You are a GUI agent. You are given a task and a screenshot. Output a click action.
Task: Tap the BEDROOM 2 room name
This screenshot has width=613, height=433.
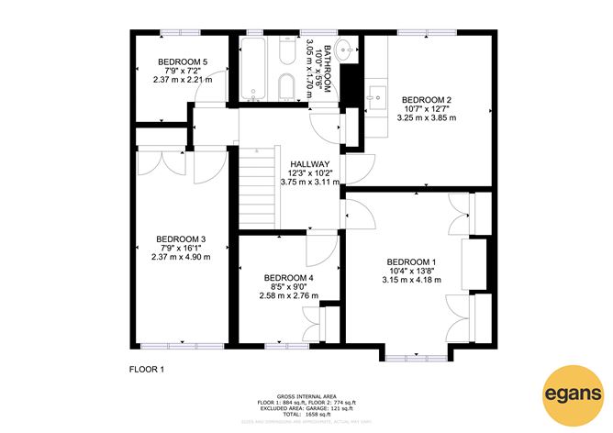(x=426, y=99)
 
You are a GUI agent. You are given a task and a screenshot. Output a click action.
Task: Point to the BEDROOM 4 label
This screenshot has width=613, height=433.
(x=288, y=278)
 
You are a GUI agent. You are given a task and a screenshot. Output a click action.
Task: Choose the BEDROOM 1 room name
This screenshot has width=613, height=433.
(x=411, y=261)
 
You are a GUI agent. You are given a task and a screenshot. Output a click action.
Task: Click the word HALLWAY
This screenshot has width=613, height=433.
(x=309, y=164)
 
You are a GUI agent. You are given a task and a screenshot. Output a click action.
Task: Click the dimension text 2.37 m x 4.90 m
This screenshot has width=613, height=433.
(x=181, y=257)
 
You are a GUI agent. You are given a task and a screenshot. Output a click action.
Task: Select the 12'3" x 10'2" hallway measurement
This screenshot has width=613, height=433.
(x=309, y=173)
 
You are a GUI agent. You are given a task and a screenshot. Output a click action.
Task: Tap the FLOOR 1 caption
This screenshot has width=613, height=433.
(x=146, y=369)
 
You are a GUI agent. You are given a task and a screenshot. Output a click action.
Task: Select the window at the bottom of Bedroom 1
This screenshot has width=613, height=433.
(x=410, y=355)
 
